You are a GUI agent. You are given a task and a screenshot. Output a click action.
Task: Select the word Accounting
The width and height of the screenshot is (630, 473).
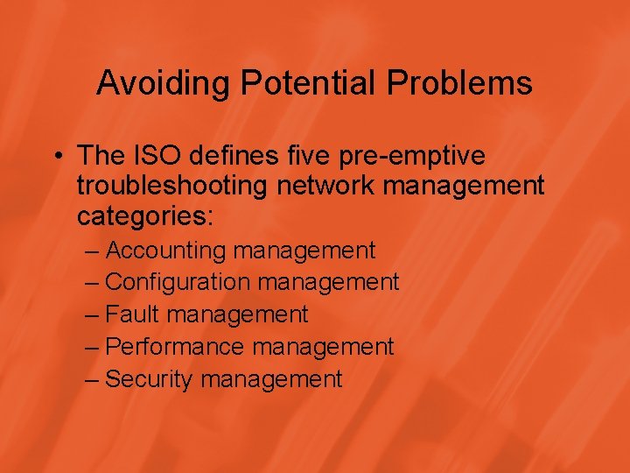[x=165, y=251]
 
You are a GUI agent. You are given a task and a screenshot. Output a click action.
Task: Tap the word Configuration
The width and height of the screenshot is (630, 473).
[x=178, y=283]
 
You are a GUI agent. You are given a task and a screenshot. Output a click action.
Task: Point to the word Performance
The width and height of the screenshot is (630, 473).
[x=175, y=347]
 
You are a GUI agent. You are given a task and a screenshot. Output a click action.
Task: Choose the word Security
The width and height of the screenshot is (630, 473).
[x=150, y=379]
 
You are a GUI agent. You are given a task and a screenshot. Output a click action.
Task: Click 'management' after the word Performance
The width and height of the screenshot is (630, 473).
[x=324, y=348]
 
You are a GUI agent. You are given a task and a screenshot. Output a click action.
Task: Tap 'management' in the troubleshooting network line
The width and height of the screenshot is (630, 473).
[x=458, y=187]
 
